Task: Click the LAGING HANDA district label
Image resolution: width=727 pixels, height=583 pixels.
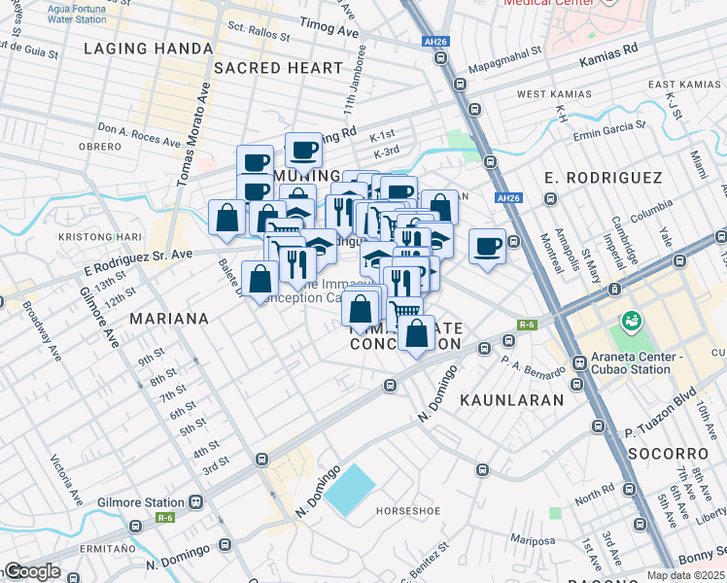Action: pos(149,48)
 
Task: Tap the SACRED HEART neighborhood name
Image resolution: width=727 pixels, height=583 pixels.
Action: pos(278,68)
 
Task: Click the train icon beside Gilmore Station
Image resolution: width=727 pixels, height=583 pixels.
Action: pos(195,502)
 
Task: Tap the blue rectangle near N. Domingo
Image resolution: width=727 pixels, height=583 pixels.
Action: pos(349,491)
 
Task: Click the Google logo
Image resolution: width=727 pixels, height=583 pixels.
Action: pos(32,571)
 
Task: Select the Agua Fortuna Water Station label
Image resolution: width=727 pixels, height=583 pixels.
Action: pos(77,13)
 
